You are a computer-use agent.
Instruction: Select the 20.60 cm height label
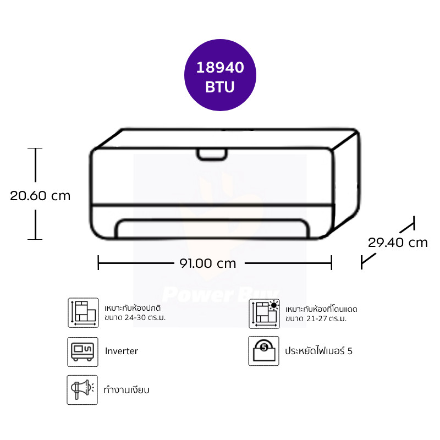pos(40,195)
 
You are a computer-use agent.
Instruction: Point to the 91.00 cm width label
pos(207,263)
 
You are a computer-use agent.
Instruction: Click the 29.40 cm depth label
pos(398,242)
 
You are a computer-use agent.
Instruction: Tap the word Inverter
pos(122,351)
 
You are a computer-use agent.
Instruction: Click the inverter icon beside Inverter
pos(82,351)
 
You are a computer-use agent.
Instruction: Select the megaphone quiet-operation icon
pos(82,389)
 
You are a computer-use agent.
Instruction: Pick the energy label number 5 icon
pos(263,351)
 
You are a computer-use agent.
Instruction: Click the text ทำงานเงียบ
pos(127,390)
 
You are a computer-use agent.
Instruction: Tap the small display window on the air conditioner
pos(212,155)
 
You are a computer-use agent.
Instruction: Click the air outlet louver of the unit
pos(212,228)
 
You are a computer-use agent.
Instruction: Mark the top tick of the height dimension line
pos(36,148)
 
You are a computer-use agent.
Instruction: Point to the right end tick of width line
pos(332,263)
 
